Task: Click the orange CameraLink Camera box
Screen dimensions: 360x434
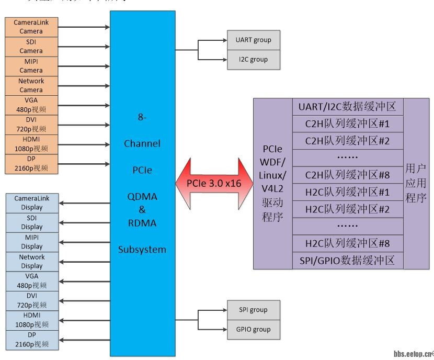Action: point(31,27)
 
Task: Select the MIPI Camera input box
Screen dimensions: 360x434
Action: point(31,66)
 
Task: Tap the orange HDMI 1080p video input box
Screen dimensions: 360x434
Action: point(31,144)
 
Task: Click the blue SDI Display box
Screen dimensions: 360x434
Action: point(32,222)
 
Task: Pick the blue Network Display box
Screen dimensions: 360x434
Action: point(32,262)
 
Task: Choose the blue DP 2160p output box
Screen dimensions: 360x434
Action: point(32,340)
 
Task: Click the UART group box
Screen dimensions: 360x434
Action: point(254,40)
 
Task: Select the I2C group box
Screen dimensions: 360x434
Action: point(254,60)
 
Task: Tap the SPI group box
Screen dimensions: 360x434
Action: point(254,310)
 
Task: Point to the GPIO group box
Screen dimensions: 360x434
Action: point(254,329)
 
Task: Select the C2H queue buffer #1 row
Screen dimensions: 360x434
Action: point(348,124)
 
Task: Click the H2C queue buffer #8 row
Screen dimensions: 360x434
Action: point(348,243)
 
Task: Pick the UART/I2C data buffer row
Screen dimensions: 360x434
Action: point(348,107)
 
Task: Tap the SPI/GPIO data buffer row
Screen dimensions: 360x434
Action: point(348,260)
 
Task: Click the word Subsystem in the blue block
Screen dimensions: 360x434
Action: point(142,249)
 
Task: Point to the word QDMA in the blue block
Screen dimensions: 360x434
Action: point(142,196)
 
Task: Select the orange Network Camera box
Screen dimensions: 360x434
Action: point(31,85)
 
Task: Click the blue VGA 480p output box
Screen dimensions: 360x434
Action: point(32,281)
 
